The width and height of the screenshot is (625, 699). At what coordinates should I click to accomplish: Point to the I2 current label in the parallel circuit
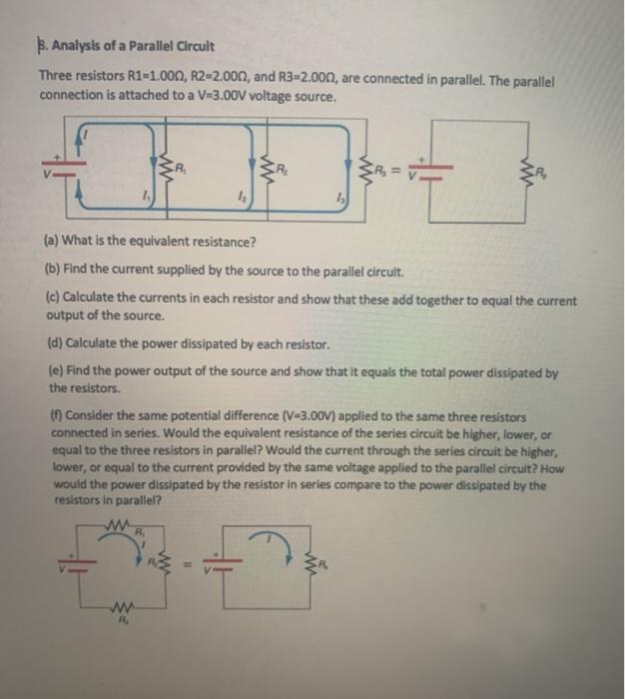(243, 200)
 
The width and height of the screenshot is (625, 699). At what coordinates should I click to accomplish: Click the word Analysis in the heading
(82, 47)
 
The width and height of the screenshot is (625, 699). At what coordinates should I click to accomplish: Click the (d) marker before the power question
(55, 345)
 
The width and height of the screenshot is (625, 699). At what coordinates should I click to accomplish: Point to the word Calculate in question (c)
(93, 300)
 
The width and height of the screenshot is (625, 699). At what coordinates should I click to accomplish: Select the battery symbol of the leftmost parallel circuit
(54, 166)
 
